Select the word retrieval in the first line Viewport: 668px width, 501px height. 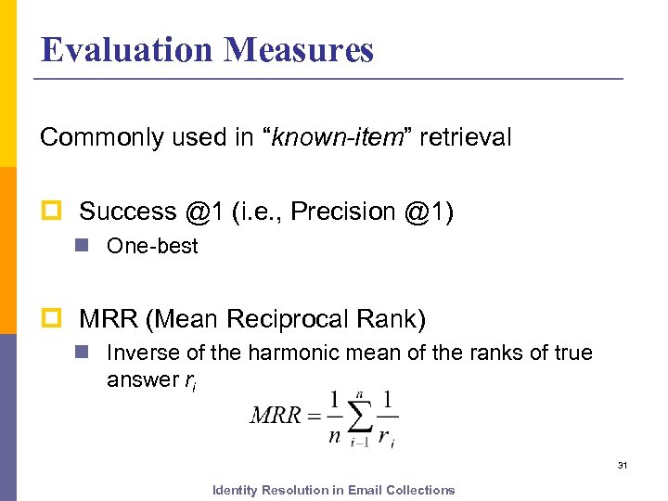(x=465, y=138)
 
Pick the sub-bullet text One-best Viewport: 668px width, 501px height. (x=152, y=247)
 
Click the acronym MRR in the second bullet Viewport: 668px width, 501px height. (x=109, y=320)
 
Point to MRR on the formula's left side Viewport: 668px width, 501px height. (x=276, y=414)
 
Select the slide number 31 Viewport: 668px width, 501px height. (x=623, y=464)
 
